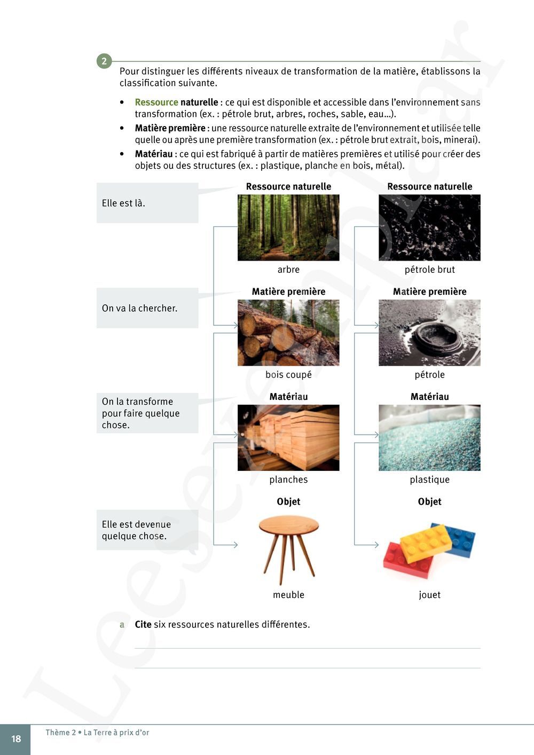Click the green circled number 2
tap(104, 61)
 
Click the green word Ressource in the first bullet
tap(156, 102)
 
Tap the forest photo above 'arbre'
tap(288, 227)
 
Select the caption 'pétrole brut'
tap(429, 270)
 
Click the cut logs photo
tap(288, 333)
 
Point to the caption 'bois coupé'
tap(288, 375)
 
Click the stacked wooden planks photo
tap(288, 438)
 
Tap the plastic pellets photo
tap(429, 438)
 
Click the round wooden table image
tap(288, 547)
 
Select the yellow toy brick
tap(425, 542)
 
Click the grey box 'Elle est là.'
tap(147, 203)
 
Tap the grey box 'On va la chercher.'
tap(147, 308)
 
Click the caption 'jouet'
tap(429, 595)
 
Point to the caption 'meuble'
tap(288, 595)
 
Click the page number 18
tap(16, 739)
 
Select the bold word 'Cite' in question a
tap(143, 625)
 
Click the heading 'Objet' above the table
tap(288, 502)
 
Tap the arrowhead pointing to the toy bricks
tap(376, 545)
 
